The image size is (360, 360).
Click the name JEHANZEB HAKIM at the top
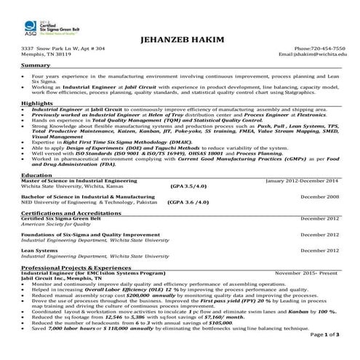(180, 39)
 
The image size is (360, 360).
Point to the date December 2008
(319, 196)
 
